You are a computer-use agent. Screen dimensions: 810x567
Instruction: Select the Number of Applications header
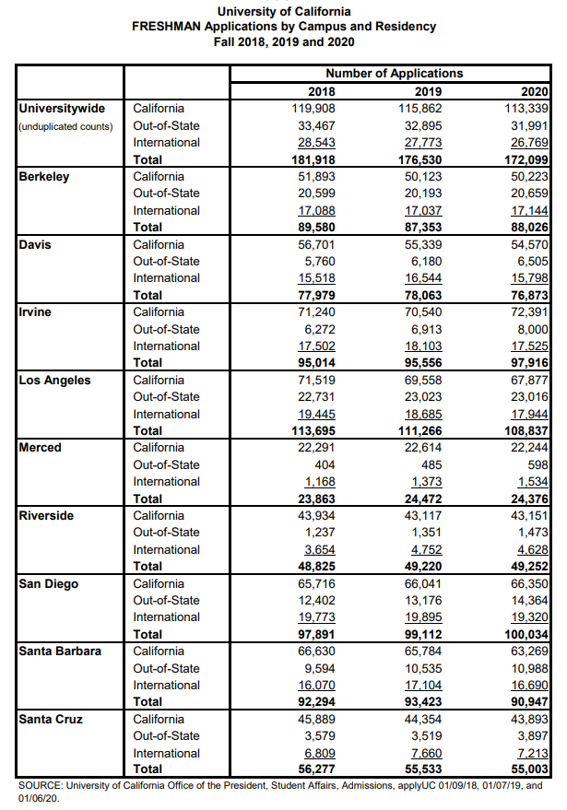click(x=395, y=74)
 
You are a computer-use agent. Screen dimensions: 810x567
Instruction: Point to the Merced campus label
click(x=41, y=447)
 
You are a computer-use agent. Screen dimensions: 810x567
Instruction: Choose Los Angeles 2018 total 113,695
click(x=310, y=430)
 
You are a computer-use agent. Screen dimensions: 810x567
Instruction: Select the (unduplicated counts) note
click(x=65, y=126)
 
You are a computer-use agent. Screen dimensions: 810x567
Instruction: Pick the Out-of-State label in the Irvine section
click(x=166, y=329)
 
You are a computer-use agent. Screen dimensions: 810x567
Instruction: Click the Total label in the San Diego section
click(x=148, y=634)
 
